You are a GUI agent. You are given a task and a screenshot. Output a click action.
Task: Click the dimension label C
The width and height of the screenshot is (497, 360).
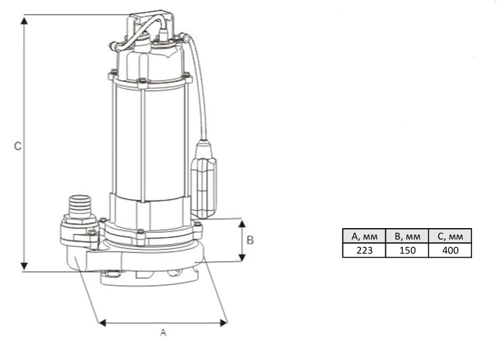click(x=18, y=145)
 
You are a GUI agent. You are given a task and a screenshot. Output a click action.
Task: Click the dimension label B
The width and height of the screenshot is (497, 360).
click(x=250, y=240)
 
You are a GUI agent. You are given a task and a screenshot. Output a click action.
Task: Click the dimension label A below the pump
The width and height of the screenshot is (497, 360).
click(x=162, y=332)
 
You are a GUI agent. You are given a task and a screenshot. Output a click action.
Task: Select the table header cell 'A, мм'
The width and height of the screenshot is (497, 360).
click(x=364, y=236)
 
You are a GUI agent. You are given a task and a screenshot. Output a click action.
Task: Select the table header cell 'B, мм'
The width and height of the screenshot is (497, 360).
click(x=407, y=236)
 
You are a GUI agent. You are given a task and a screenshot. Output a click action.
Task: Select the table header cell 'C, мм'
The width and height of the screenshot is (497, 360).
click(x=450, y=236)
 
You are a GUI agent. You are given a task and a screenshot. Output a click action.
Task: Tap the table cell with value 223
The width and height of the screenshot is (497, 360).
click(x=364, y=250)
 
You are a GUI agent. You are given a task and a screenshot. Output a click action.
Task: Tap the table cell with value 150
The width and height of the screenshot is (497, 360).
click(x=407, y=250)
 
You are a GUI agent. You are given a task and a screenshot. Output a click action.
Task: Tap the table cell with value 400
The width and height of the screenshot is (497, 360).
click(x=450, y=250)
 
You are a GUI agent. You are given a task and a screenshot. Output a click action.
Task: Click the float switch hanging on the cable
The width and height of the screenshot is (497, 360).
click(x=206, y=178)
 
